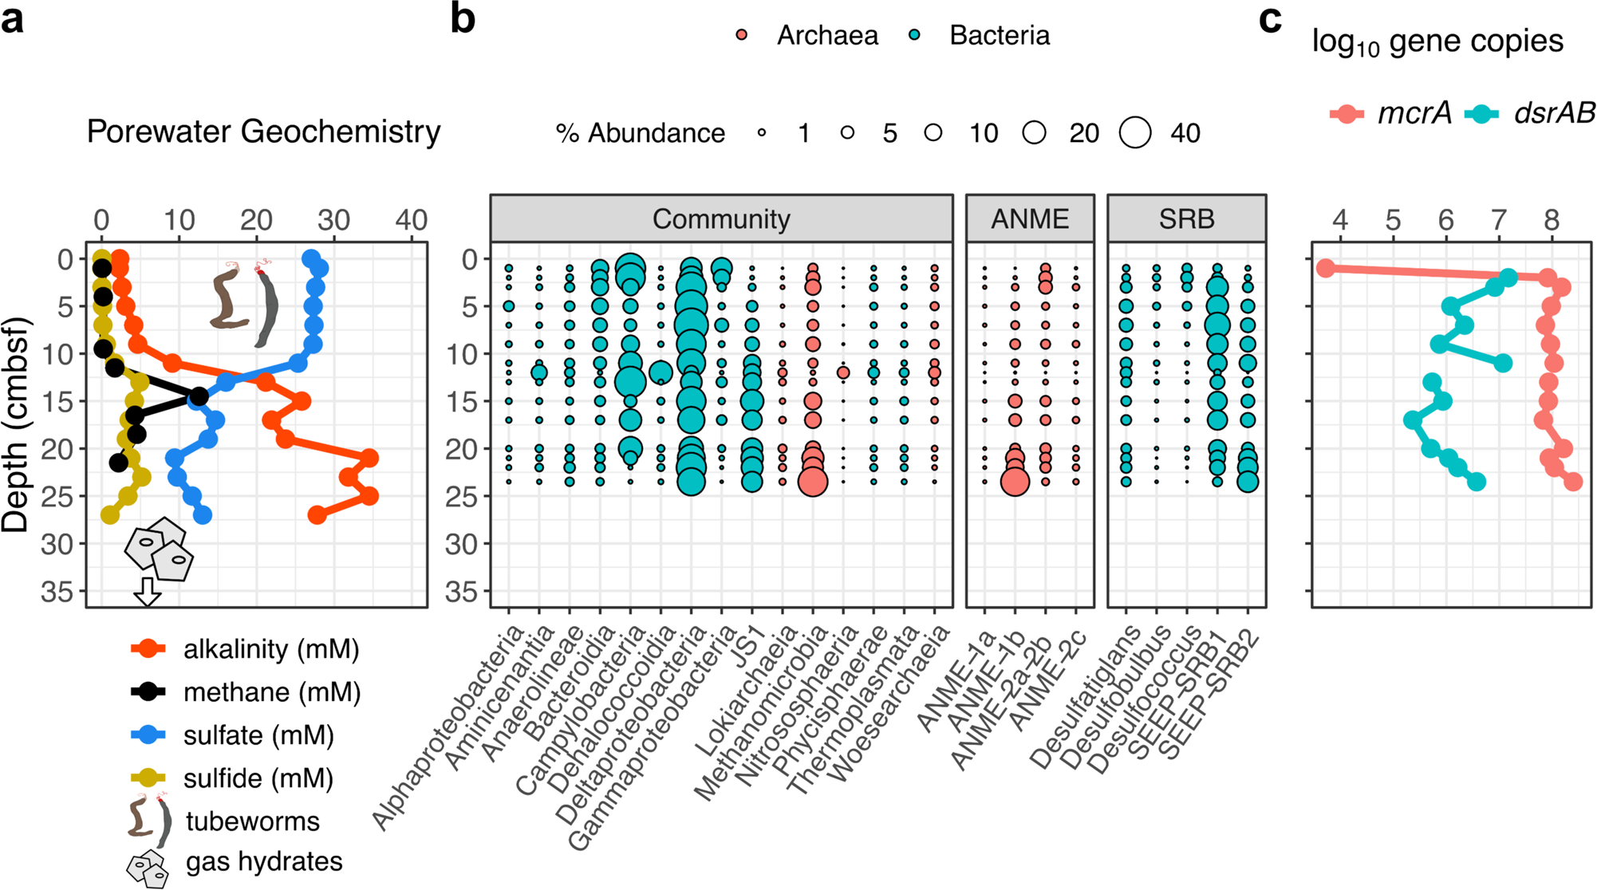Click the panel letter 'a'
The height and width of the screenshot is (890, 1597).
[13, 19]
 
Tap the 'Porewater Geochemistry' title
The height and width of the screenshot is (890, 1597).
[263, 132]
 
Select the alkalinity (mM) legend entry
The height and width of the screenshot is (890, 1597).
[271, 649]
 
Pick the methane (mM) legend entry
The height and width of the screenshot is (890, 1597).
[271, 692]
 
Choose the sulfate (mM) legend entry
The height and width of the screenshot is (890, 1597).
[258, 735]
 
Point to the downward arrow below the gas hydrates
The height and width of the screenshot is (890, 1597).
[147, 592]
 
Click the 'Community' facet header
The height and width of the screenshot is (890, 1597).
[721, 219]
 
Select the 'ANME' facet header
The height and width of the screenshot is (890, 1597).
[1030, 219]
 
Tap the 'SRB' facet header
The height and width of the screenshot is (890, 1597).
[1186, 219]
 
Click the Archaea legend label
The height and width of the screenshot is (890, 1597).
[827, 36]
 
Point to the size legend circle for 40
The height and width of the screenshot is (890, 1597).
[1135, 132]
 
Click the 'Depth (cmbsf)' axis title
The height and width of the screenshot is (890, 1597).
[16, 424]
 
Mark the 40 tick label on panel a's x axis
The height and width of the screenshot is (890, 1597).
[411, 220]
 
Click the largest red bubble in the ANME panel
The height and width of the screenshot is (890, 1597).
[1015, 482]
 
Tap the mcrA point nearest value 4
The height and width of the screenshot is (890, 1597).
[1326, 268]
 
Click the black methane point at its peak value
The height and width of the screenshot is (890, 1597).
[199, 396]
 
